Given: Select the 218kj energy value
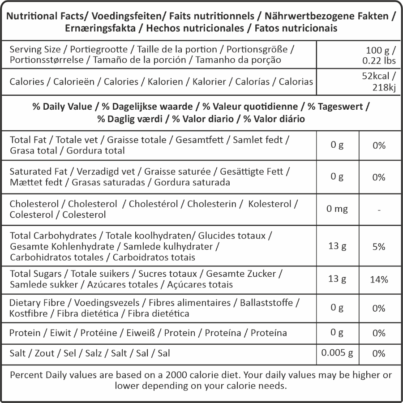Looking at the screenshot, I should click(x=384, y=88).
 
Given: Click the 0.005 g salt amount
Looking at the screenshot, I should click(x=337, y=353).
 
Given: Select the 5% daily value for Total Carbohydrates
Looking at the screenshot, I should click(x=379, y=247).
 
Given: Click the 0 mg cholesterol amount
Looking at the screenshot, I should click(x=337, y=209).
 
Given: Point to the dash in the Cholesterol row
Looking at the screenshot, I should click(x=379, y=210).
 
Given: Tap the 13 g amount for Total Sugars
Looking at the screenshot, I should click(x=337, y=279).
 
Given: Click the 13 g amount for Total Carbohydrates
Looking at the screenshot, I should click(x=337, y=246).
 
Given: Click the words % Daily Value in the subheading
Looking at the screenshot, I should click(x=62, y=107).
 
